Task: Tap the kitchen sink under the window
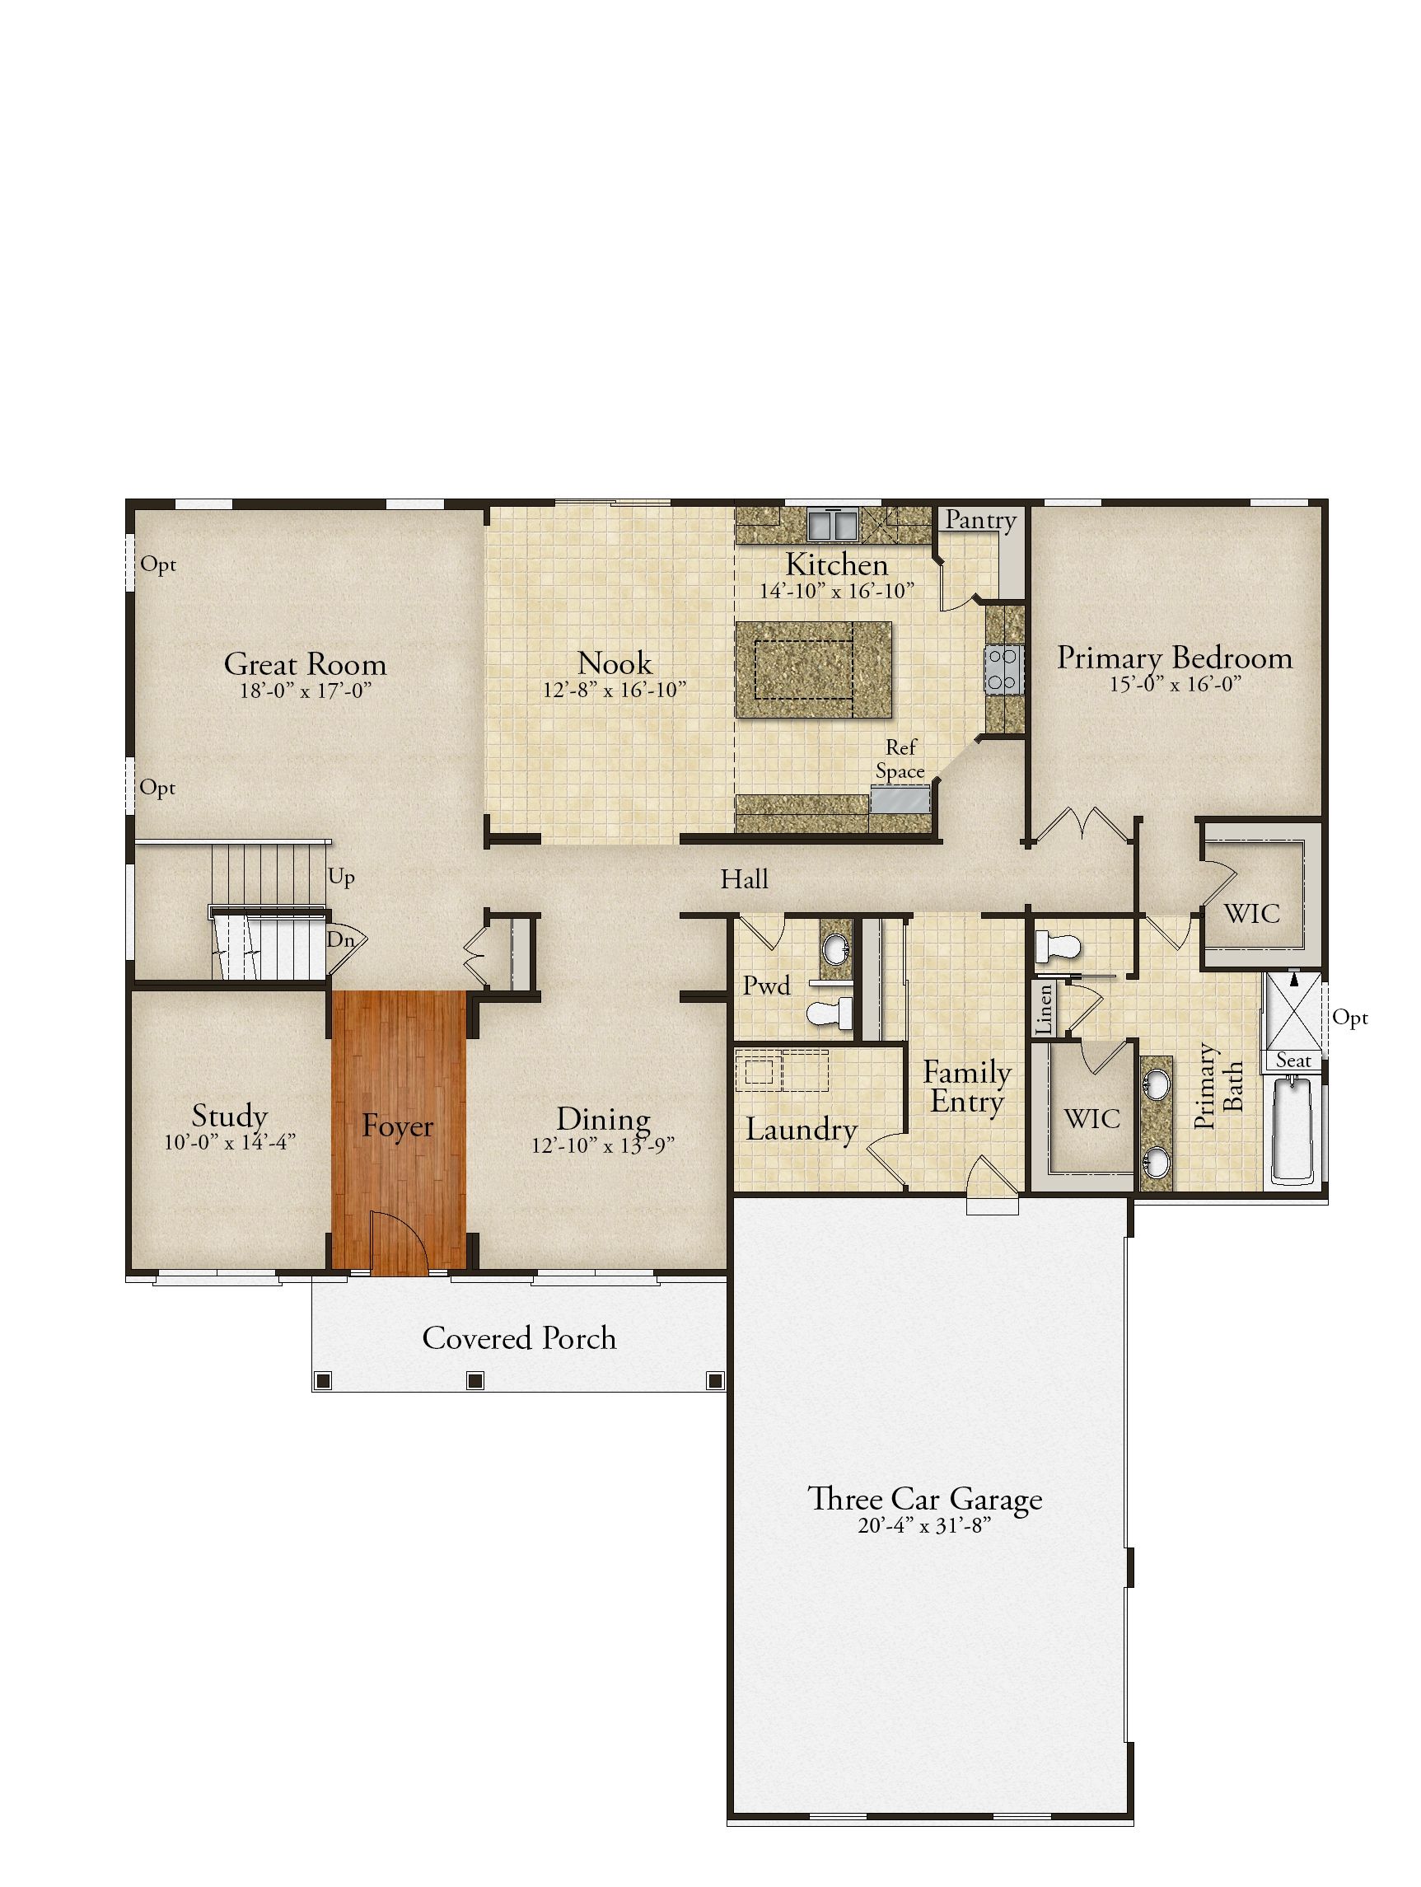[x=834, y=524]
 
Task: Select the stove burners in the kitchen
[x=1004, y=670]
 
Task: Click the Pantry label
[x=981, y=519]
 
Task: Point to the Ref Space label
[x=900, y=759]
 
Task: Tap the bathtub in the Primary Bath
[x=1296, y=1131]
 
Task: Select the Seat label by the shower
[x=1293, y=1061]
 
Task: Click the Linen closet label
[x=1044, y=1011]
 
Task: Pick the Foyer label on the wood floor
[x=398, y=1126]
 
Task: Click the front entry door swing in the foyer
[x=400, y=1242]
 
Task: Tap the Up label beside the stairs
[x=341, y=878]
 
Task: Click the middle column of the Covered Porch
[x=476, y=1379]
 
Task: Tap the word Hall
[x=745, y=879]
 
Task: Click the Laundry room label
[x=801, y=1130]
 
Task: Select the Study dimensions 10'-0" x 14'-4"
[x=231, y=1142]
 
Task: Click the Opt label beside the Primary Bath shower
[x=1350, y=1018]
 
